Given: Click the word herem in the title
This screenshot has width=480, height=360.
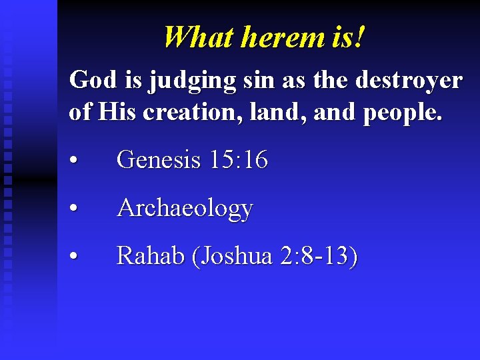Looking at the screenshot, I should [x=283, y=37].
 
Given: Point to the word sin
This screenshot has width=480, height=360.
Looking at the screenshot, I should [x=255, y=81].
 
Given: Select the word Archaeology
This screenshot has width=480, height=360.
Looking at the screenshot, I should [x=185, y=209].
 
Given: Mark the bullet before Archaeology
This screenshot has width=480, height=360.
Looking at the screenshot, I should [x=78, y=209].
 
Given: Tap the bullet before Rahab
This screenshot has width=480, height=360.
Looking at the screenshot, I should [x=78, y=257].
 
